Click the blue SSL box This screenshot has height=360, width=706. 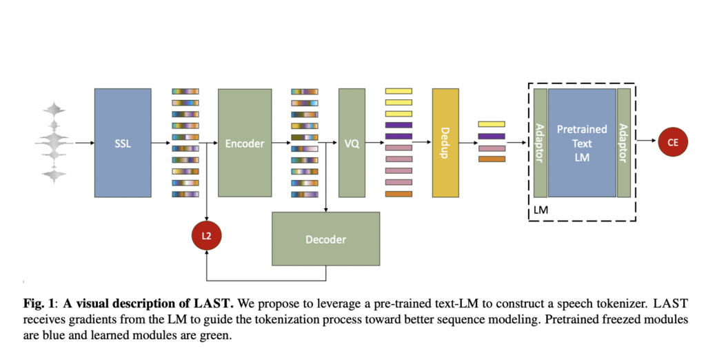tap(123, 143)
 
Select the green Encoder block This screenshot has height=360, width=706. tap(245, 143)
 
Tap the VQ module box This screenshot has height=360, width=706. tap(352, 143)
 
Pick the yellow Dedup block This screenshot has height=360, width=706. tap(445, 143)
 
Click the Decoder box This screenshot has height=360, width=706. tap(325, 239)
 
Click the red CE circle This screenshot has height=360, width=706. tap(672, 142)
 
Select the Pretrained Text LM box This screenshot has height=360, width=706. tap(582, 143)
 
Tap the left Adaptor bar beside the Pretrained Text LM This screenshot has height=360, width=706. tap(540, 143)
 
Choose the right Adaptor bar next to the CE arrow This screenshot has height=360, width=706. tap(624, 143)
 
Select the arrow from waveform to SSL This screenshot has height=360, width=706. tap(84, 143)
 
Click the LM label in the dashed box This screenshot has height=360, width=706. tap(541, 208)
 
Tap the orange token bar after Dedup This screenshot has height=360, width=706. tap(492, 159)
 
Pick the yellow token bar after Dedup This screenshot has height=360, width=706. tap(492, 124)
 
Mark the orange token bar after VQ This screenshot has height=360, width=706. tap(399, 194)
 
